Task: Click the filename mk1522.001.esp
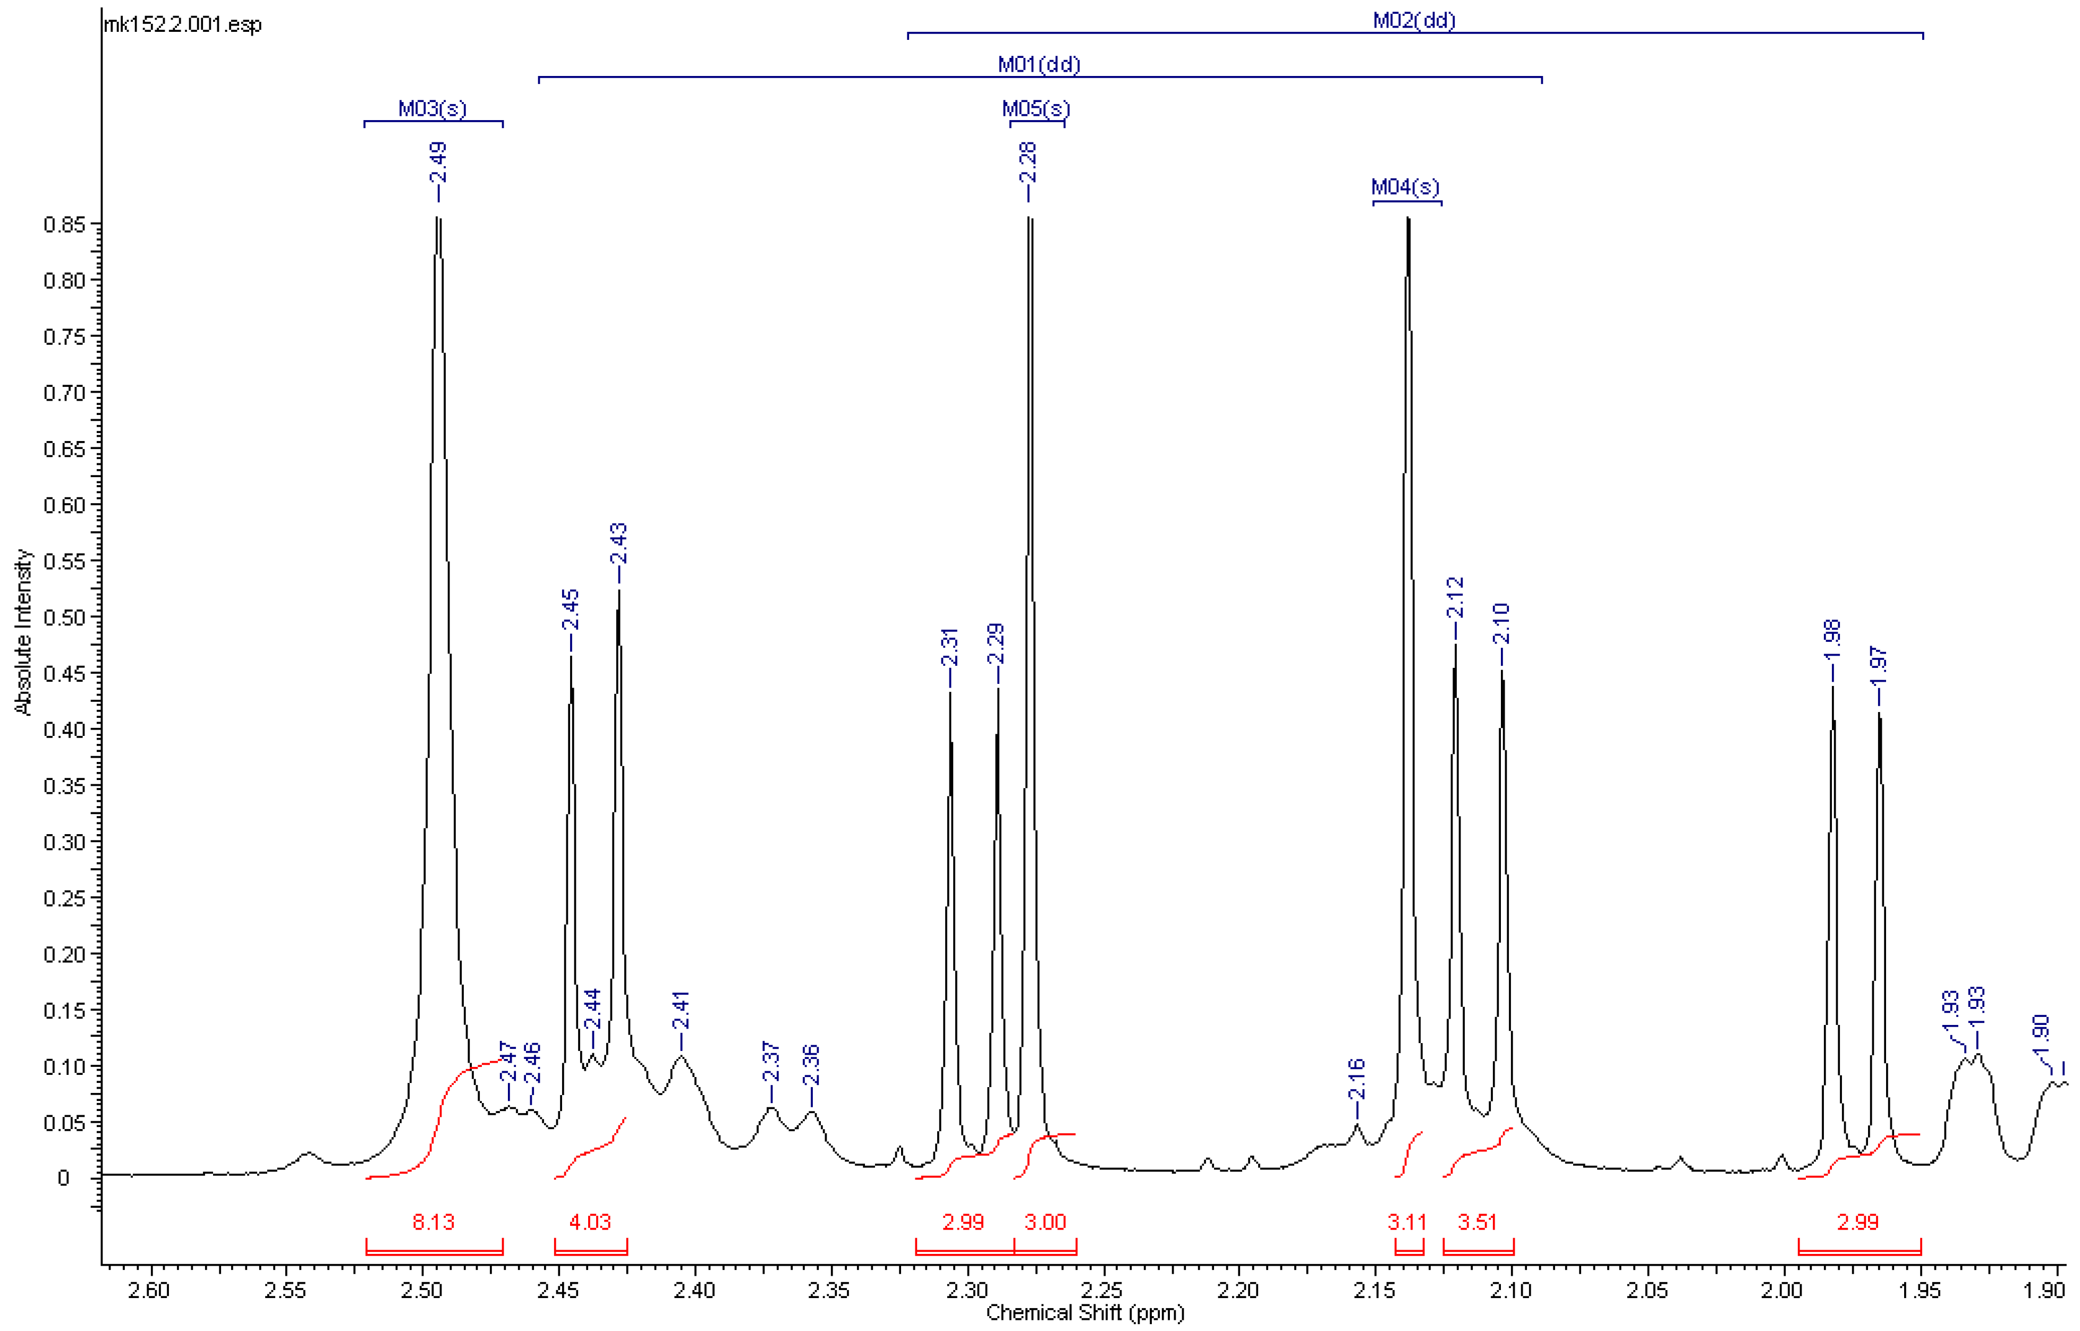coord(182,24)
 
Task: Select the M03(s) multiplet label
coord(432,109)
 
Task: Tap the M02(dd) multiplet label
coord(1414,20)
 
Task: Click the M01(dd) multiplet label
coord(1039,65)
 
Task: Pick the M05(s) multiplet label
coord(1036,109)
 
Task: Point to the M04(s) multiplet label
coord(1405,186)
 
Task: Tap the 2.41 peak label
coord(681,1010)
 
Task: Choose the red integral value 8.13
coord(433,1222)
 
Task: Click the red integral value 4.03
coord(590,1222)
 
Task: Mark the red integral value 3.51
coord(1477,1222)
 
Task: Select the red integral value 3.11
coord(1407,1222)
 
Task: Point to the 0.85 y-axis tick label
coord(65,225)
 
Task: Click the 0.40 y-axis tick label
coord(65,730)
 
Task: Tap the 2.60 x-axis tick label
coord(149,1291)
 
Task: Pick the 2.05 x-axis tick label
coord(1647,1291)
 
